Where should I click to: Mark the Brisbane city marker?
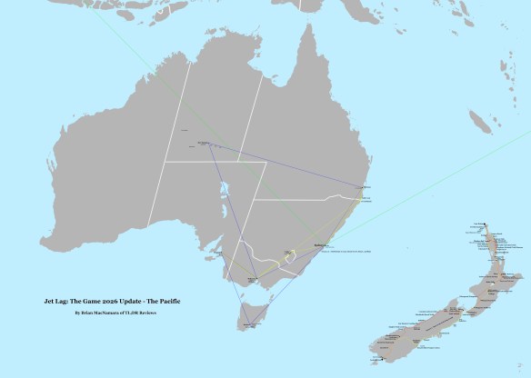tap(364, 188)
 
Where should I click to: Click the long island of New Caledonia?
tap(483, 121)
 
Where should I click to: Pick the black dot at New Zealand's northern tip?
tap(484, 222)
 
